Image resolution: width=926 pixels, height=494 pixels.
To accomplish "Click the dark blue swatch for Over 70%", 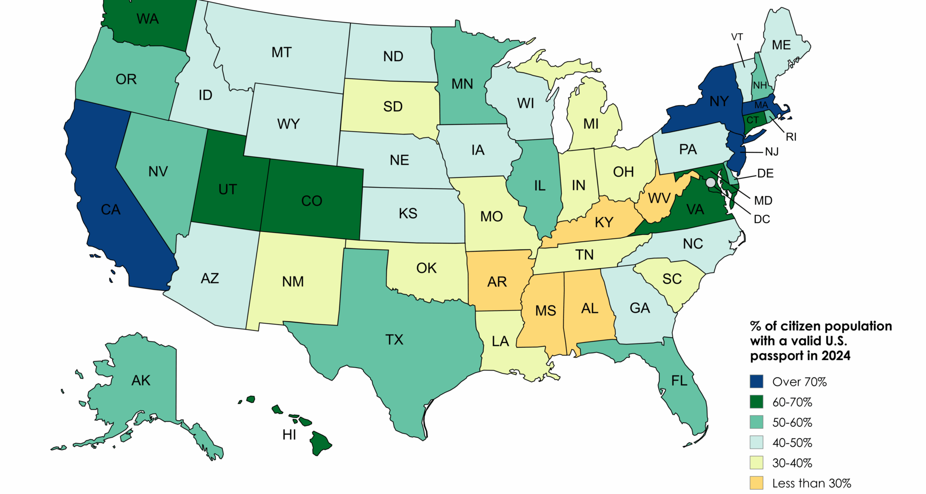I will (756, 381).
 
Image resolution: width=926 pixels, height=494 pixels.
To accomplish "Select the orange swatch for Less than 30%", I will (756, 482).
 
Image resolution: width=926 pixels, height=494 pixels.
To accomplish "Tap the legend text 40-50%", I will (792, 442).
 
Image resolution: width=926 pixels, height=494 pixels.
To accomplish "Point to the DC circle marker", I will (710, 182).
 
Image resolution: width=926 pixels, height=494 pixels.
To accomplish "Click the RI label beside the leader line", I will (791, 137).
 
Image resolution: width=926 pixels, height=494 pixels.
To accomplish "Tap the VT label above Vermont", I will (737, 37).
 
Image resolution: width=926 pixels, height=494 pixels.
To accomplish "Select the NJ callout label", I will (772, 152).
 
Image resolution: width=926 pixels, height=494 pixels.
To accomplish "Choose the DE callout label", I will (765, 173).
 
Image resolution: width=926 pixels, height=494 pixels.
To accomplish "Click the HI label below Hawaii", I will (289, 435).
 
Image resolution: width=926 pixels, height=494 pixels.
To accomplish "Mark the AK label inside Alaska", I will (141, 381).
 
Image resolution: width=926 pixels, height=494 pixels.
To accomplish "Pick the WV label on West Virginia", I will (659, 198).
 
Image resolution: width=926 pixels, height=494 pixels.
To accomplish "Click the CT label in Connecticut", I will (752, 120).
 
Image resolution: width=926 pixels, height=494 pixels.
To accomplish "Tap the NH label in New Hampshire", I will (760, 85).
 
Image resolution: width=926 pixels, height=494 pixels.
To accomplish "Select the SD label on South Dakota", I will (393, 107).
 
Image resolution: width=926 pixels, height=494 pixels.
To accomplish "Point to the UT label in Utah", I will (228, 189).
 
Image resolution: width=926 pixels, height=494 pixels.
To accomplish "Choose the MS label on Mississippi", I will (545, 311).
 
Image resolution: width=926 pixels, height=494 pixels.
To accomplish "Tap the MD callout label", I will (763, 200).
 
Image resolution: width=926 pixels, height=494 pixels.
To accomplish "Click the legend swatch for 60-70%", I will (756, 402).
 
